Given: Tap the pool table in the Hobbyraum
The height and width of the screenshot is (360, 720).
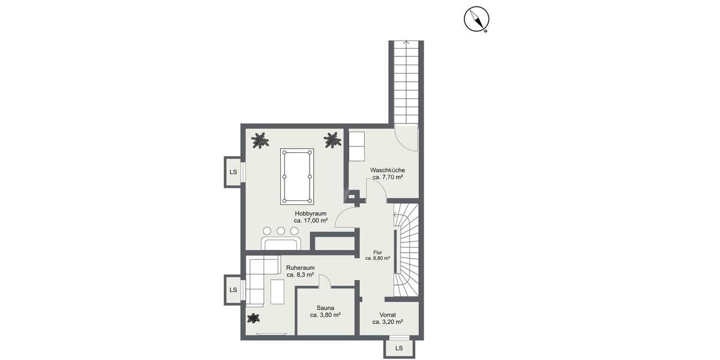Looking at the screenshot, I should [296, 177].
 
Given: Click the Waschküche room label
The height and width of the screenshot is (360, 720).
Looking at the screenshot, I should [387, 170].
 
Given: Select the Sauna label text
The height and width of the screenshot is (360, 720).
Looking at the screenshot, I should [325, 307].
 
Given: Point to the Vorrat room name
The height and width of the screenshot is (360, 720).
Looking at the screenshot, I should [388, 314].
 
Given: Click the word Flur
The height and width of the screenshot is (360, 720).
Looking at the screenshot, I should [377, 253].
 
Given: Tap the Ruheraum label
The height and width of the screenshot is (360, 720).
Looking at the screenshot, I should [300, 268].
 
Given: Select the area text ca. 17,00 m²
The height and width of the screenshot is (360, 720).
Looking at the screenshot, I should [310, 220].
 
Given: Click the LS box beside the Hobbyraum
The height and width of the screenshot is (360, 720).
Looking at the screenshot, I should [233, 172].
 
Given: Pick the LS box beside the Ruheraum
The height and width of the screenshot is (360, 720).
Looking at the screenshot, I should [233, 290].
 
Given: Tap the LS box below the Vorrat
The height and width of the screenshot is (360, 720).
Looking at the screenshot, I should [399, 348].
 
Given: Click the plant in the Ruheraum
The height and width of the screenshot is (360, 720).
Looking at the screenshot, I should [253, 319].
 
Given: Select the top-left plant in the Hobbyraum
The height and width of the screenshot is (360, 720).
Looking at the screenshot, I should [260, 140].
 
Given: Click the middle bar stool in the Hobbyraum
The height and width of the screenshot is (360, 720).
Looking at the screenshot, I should [280, 230].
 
